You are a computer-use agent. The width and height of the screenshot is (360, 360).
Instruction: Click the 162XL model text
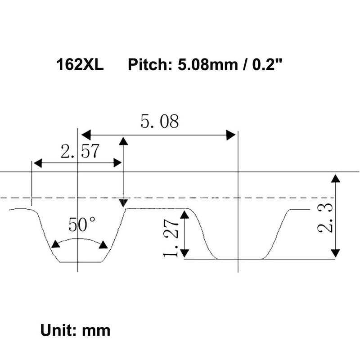pos(80,64)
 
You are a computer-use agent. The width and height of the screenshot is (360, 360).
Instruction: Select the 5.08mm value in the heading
pos(208,64)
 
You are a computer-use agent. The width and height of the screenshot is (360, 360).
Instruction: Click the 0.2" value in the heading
pos(267,64)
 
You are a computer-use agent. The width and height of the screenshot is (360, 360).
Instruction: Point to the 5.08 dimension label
pos(160,121)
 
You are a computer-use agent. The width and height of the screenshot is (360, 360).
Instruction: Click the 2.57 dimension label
pos(80,151)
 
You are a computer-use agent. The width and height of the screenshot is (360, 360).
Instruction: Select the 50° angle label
pos(82,225)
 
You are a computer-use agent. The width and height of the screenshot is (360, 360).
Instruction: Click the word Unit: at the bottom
pos(59,330)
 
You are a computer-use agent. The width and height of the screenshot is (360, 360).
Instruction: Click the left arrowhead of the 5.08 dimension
pos(86,135)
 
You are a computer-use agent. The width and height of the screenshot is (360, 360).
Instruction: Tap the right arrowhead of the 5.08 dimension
pos(231,135)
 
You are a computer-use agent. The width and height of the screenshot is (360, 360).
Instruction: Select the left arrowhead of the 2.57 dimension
pos(38,163)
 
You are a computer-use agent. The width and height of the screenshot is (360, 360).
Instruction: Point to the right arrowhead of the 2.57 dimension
pos(117,163)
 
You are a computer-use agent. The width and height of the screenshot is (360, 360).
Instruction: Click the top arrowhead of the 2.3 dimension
pos(336,179)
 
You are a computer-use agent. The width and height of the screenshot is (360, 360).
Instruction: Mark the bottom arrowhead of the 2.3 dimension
pos(336,253)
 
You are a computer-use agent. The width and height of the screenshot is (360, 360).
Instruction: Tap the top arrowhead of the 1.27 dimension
pos(184,215)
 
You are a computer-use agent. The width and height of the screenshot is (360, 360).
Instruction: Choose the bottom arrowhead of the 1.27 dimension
pos(184,253)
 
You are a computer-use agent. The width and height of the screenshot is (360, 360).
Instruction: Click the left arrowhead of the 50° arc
pos(55,244)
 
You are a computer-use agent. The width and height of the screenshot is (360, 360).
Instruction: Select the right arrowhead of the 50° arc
pos(103,245)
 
